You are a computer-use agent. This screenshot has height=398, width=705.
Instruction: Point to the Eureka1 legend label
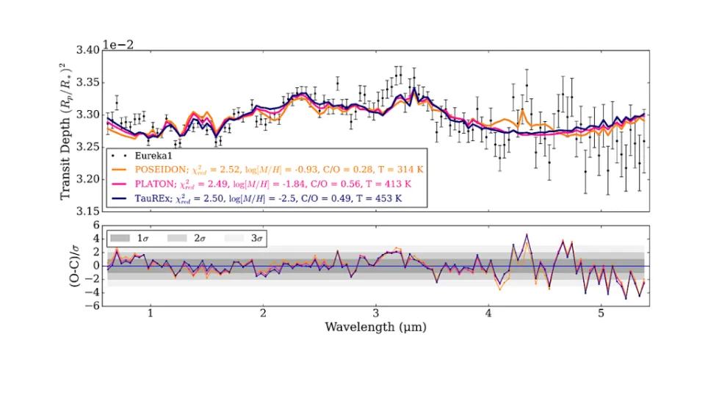pos(153,156)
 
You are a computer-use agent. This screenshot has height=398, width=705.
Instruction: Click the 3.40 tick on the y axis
pos(87,50)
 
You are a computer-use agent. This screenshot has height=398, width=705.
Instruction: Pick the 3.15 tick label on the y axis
pos(87,211)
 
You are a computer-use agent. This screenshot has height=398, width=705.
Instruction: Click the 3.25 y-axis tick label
pos(87,147)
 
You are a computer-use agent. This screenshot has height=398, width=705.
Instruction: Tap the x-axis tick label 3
pos(376,313)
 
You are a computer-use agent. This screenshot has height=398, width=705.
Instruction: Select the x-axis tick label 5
pos(601,313)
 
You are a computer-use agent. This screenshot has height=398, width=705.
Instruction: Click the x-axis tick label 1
pos(151,313)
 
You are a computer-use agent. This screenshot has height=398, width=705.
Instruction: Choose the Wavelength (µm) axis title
pos(375,327)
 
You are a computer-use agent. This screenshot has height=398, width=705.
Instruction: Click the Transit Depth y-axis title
pos(65,131)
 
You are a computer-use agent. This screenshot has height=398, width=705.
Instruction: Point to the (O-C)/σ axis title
pos(74,266)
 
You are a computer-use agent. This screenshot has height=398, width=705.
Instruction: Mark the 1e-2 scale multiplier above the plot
pos(118,45)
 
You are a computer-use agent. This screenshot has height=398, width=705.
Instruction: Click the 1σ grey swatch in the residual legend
pos(120,238)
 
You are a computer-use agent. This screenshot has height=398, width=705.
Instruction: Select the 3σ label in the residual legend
pos(257,238)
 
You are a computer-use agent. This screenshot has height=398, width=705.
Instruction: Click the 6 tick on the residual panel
pos(95,225)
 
